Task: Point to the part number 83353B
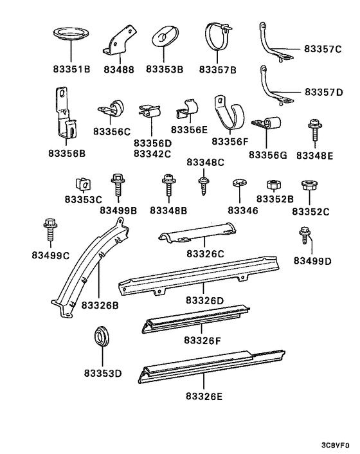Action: coord(164,69)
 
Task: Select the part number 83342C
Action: coord(152,154)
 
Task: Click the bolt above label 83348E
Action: coord(314,131)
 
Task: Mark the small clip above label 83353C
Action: coord(81,183)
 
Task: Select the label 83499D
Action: coord(313,260)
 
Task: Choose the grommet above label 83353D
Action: coord(102,336)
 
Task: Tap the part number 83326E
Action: coord(203,396)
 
